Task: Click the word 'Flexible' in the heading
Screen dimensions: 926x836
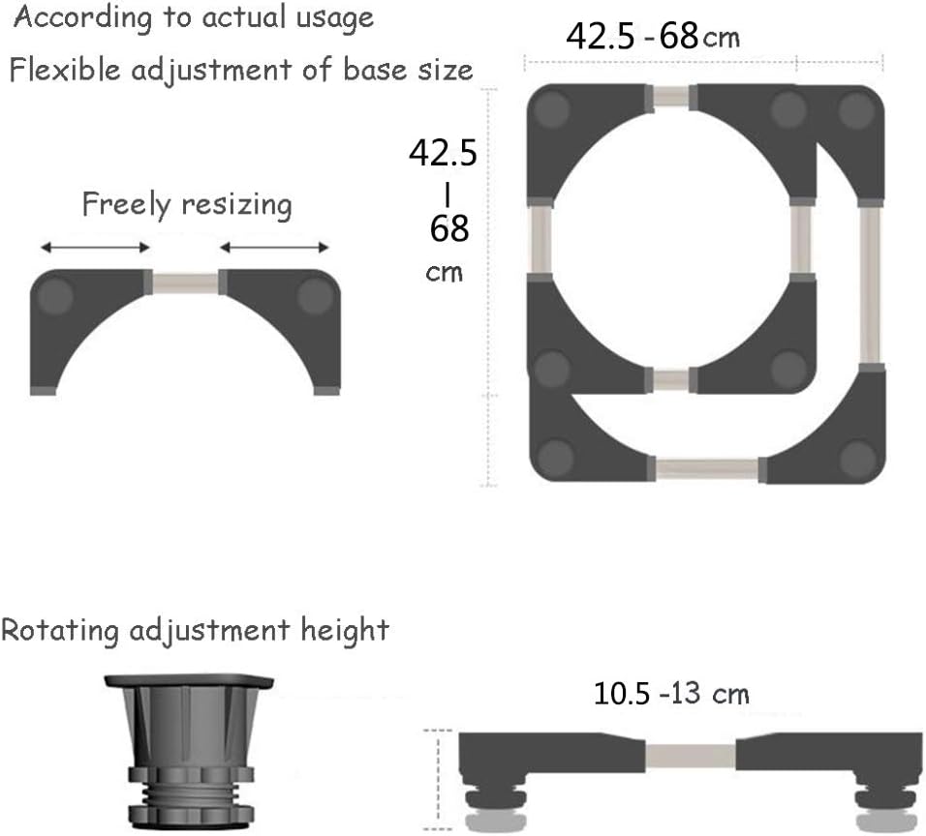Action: [x=65, y=70]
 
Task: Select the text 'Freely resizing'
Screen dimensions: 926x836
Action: [x=187, y=204]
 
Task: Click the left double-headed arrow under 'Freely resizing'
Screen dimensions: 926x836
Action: [x=95, y=247]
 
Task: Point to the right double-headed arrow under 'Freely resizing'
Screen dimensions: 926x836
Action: [x=274, y=247]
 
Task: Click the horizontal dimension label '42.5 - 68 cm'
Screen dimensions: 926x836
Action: [x=653, y=36]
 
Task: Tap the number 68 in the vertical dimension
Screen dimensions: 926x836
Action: [x=449, y=228]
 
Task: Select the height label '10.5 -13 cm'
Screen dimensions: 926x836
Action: [x=671, y=693]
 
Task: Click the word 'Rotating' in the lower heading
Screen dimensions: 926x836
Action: [x=60, y=630]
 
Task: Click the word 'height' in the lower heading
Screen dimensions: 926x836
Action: [x=345, y=630]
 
